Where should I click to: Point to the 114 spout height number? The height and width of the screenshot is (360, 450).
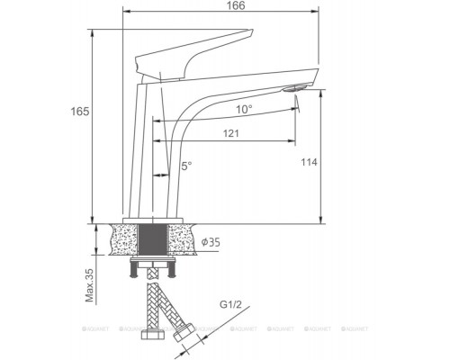[310, 164]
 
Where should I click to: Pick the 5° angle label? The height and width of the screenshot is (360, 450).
[186, 166]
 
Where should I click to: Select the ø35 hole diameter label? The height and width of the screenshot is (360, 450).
[212, 243]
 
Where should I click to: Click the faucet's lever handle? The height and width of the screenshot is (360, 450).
[189, 52]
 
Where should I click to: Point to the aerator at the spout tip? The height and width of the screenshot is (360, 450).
[294, 89]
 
